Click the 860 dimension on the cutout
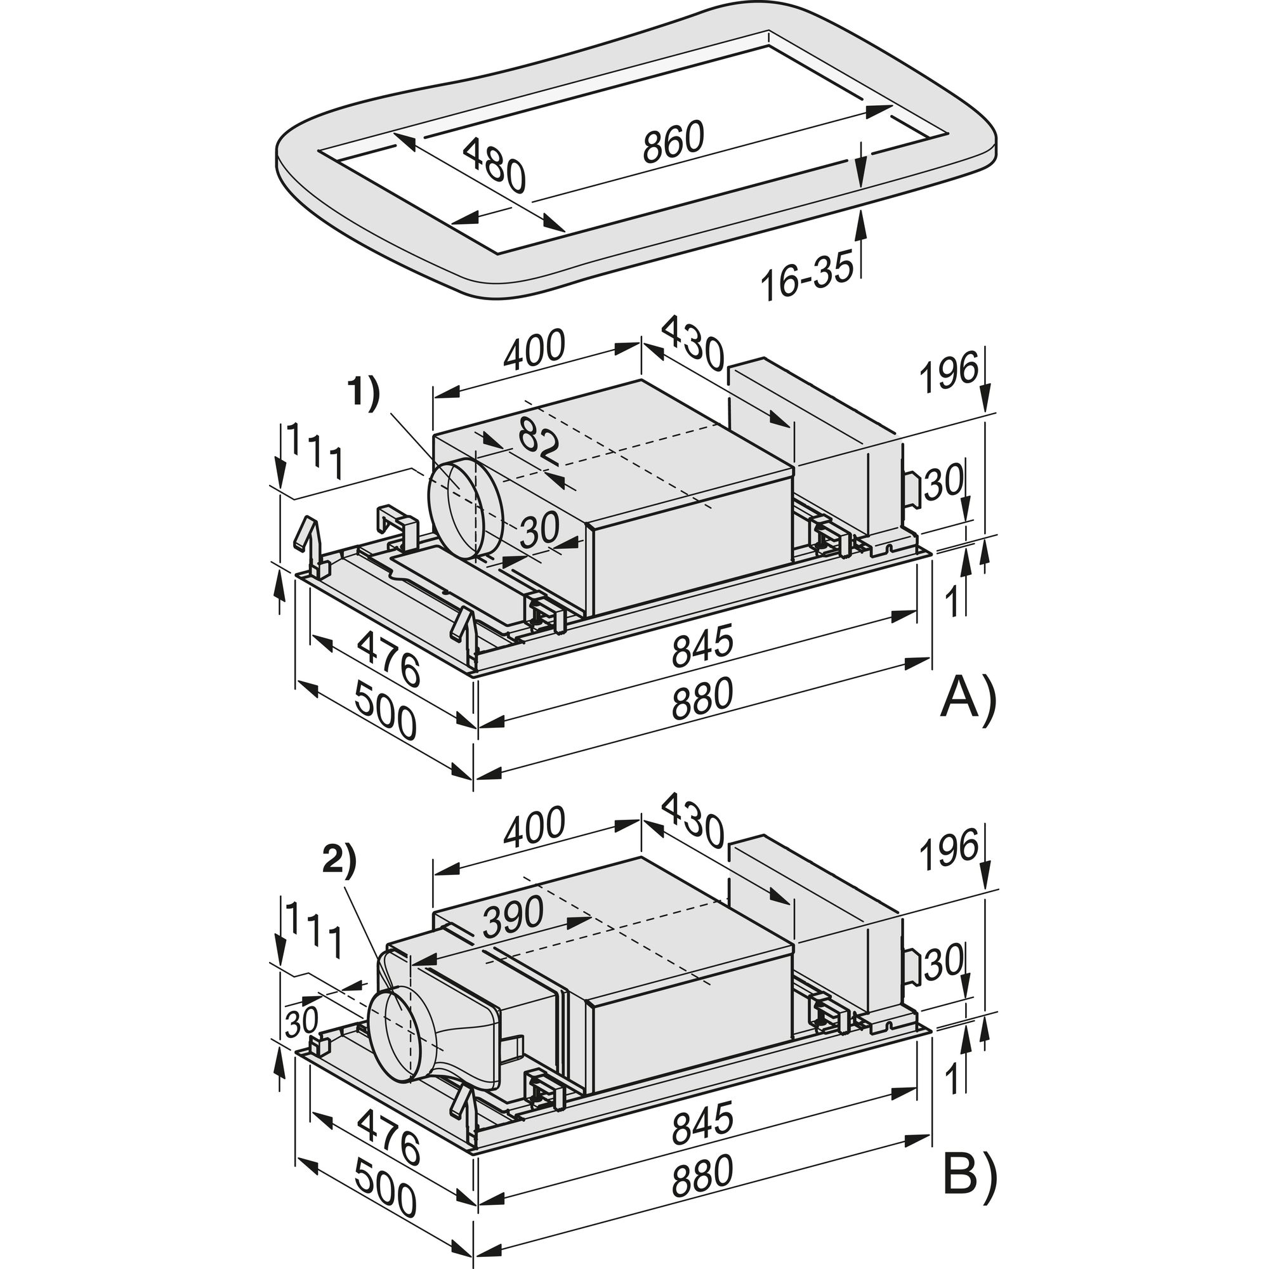coord(673,141)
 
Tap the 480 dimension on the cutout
coord(495,167)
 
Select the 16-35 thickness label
coord(807,275)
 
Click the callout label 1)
coord(363,397)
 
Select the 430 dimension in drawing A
coord(692,343)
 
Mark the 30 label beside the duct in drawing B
coord(302,1021)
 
